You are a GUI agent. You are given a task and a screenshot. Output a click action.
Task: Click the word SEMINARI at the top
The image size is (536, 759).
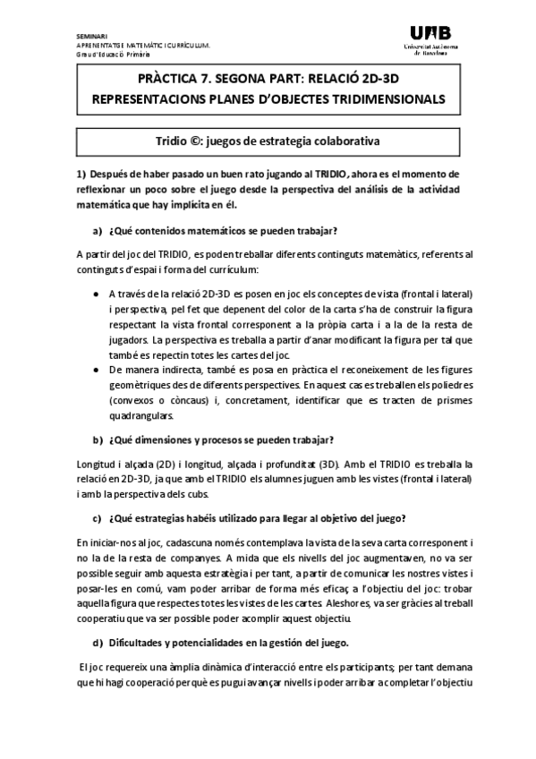pyautogui.click(x=92, y=36)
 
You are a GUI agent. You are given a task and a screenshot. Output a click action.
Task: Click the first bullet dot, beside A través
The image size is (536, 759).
pyautogui.click(x=96, y=294)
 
